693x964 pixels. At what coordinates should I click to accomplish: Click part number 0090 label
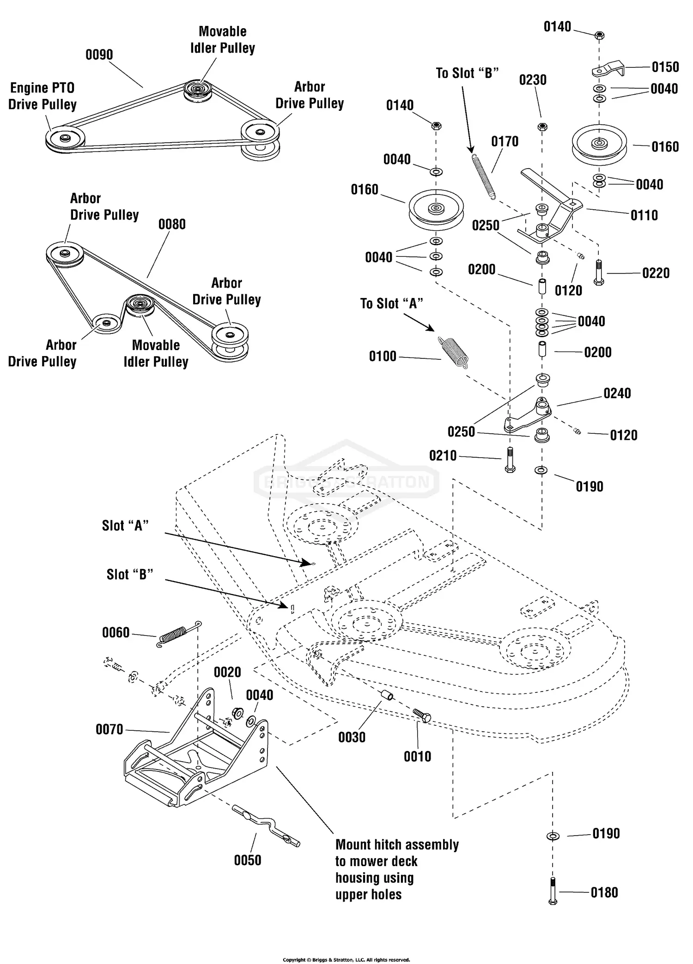[99, 55]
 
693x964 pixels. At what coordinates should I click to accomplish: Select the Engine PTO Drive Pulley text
[42, 96]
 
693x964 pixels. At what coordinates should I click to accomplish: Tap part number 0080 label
[172, 224]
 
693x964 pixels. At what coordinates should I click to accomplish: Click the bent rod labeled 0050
[266, 825]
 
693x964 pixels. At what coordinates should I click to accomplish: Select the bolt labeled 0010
[421, 715]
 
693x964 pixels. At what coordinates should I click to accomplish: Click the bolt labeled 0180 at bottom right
[553, 891]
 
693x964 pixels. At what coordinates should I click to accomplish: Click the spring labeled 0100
[453, 352]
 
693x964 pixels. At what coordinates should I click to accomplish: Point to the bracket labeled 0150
[608, 69]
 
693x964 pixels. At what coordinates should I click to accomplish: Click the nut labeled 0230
[543, 127]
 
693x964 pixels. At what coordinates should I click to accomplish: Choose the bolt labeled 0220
[598, 273]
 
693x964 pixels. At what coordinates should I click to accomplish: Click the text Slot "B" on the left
[130, 574]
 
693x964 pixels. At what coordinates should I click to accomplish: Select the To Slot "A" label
[391, 303]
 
